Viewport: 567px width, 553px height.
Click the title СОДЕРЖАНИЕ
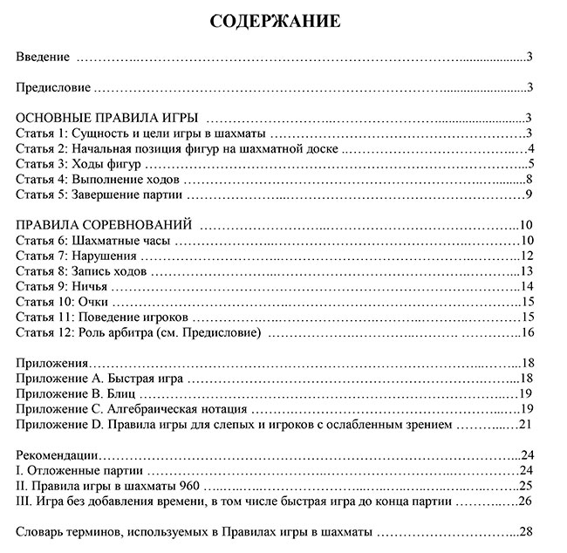275,21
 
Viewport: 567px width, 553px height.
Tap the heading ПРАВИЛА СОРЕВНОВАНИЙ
104,224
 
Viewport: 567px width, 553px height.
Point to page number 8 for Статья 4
529,179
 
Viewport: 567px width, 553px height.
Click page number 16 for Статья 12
527,332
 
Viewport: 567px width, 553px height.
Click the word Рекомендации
58,455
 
